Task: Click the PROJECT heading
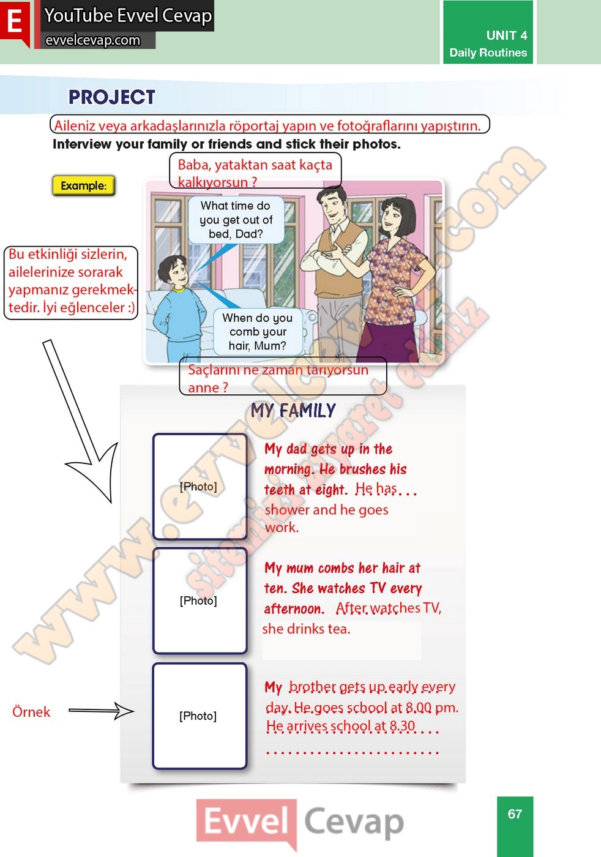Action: (112, 97)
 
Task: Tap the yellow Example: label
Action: (83, 186)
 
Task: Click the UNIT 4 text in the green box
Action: (507, 36)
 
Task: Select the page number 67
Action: (515, 814)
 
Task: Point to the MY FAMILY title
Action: (293, 410)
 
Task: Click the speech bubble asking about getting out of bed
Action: (236, 220)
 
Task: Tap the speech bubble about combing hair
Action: (258, 332)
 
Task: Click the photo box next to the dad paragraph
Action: (200, 487)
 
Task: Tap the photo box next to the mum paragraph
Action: (200, 601)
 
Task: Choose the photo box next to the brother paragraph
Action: (200, 716)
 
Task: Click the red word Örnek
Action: (31, 712)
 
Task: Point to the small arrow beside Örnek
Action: (102, 711)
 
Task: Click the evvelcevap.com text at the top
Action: (92, 40)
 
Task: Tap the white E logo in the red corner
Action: (15, 22)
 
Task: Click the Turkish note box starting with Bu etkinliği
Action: (71, 283)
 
